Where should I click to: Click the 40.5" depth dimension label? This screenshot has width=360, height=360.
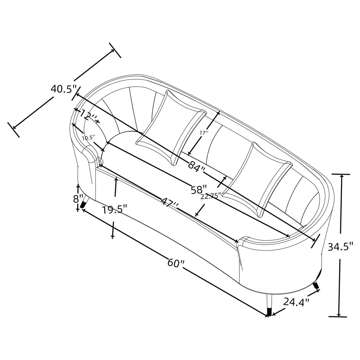click(63, 89)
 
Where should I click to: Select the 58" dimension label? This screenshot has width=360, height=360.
click(199, 190)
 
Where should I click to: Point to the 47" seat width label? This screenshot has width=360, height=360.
click(170, 202)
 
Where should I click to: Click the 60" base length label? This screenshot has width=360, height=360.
click(176, 263)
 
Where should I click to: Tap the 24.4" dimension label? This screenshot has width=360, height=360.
click(296, 302)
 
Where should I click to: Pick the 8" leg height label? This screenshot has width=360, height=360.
click(78, 199)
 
